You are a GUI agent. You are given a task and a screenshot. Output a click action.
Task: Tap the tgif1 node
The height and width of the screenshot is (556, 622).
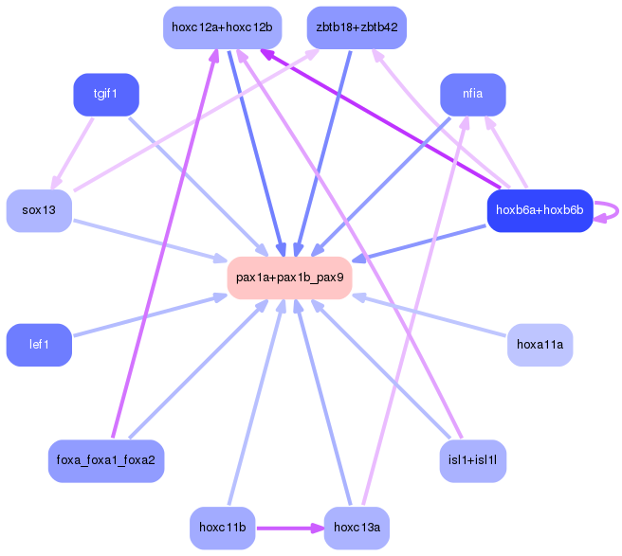(x=106, y=96)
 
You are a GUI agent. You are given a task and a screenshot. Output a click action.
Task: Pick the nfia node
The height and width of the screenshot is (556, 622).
(x=472, y=96)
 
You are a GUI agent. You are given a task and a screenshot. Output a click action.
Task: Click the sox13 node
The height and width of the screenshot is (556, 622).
(x=39, y=210)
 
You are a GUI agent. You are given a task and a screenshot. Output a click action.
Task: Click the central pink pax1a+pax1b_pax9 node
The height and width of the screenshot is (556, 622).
(x=289, y=278)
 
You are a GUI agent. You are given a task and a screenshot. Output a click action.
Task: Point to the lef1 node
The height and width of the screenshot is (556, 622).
(x=39, y=345)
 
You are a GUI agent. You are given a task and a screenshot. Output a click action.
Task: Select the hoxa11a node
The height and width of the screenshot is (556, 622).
(x=540, y=345)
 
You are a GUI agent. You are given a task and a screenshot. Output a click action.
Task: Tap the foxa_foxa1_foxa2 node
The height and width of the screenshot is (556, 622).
(x=106, y=460)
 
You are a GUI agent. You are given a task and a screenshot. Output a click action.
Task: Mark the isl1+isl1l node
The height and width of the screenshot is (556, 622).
(x=472, y=460)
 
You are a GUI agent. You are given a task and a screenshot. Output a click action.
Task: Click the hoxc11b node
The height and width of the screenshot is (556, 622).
(x=223, y=527)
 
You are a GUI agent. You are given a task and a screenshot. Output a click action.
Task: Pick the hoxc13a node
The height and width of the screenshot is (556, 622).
(x=357, y=527)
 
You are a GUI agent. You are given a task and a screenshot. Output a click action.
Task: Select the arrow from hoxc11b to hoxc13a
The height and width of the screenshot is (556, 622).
(x=289, y=527)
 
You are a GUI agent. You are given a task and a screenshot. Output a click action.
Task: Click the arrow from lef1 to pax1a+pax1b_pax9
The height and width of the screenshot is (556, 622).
(x=142, y=316)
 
